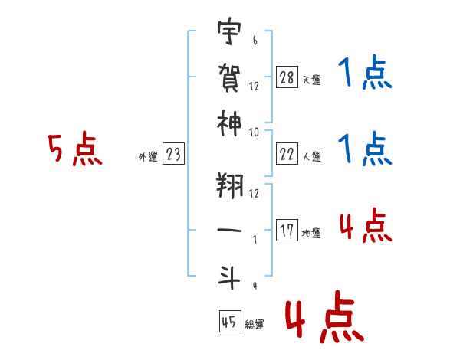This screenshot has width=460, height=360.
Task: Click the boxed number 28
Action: (x=287, y=77)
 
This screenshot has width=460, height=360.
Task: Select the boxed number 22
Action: (x=287, y=154)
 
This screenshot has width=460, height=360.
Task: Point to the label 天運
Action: (x=311, y=80)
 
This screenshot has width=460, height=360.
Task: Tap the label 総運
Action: (x=255, y=325)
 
